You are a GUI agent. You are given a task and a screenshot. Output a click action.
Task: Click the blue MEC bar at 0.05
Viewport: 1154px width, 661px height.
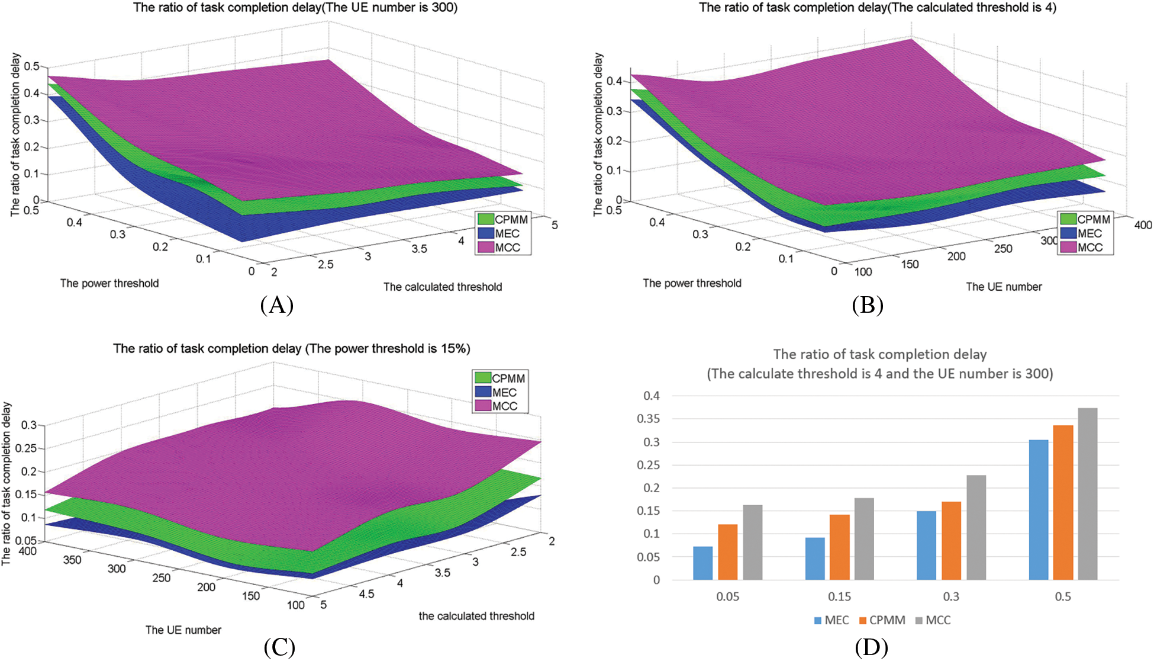pyautogui.click(x=702, y=563)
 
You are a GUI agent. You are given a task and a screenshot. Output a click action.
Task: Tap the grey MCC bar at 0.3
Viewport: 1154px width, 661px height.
pyautogui.click(x=976, y=528)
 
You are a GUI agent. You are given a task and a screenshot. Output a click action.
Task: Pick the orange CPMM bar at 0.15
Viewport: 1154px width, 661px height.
pyautogui.click(x=839, y=547)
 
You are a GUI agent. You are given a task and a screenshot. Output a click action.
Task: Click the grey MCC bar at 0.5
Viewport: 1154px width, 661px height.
pyautogui.click(x=1088, y=494)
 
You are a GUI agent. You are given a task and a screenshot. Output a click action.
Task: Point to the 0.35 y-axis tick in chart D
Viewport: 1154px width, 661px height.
pyautogui.click(x=648, y=419)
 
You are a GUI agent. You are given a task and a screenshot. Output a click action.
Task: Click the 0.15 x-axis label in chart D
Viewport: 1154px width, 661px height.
pyautogui.click(x=839, y=597)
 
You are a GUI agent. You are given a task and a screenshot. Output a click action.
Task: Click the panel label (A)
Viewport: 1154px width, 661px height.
pyautogui.click(x=276, y=305)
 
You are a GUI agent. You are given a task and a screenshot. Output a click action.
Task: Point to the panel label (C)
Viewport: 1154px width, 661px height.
pyautogui.click(x=279, y=647)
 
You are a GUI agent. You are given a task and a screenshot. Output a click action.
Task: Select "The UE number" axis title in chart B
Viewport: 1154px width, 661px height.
pyautogui.click(x=1004, y=287)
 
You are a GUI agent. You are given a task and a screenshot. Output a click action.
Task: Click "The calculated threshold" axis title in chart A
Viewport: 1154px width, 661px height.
pyautogui.click(x=442, y=287)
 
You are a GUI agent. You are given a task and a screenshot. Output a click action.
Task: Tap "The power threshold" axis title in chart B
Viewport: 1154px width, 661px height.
pyautogui.click(x=692, y=284)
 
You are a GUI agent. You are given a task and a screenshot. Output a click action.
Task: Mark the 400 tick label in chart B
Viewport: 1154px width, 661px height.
pyautogui.click(x=1143, y=225)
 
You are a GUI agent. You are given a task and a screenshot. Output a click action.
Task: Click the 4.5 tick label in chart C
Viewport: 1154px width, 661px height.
pyautogui.click(x=366, y=594)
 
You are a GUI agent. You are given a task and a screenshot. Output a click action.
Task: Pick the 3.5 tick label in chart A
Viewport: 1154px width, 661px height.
pyautogui.click(x=419, y=249)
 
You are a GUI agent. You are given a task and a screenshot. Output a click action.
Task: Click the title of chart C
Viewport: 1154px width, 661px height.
pyautogui.click(x=291, y=349)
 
